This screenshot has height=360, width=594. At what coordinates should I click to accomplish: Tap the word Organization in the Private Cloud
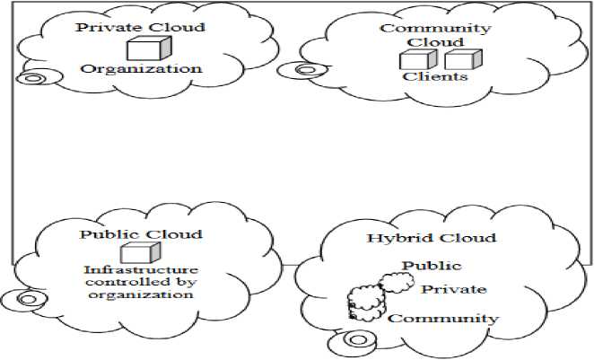pos(142,68)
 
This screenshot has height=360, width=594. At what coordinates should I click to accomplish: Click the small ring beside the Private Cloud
pos(32,78)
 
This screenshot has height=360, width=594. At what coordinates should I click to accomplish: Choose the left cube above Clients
pos(416,60)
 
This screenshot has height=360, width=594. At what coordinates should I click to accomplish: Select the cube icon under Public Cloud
pos(135,254)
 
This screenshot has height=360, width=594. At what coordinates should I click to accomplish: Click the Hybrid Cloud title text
pos(431,238)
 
